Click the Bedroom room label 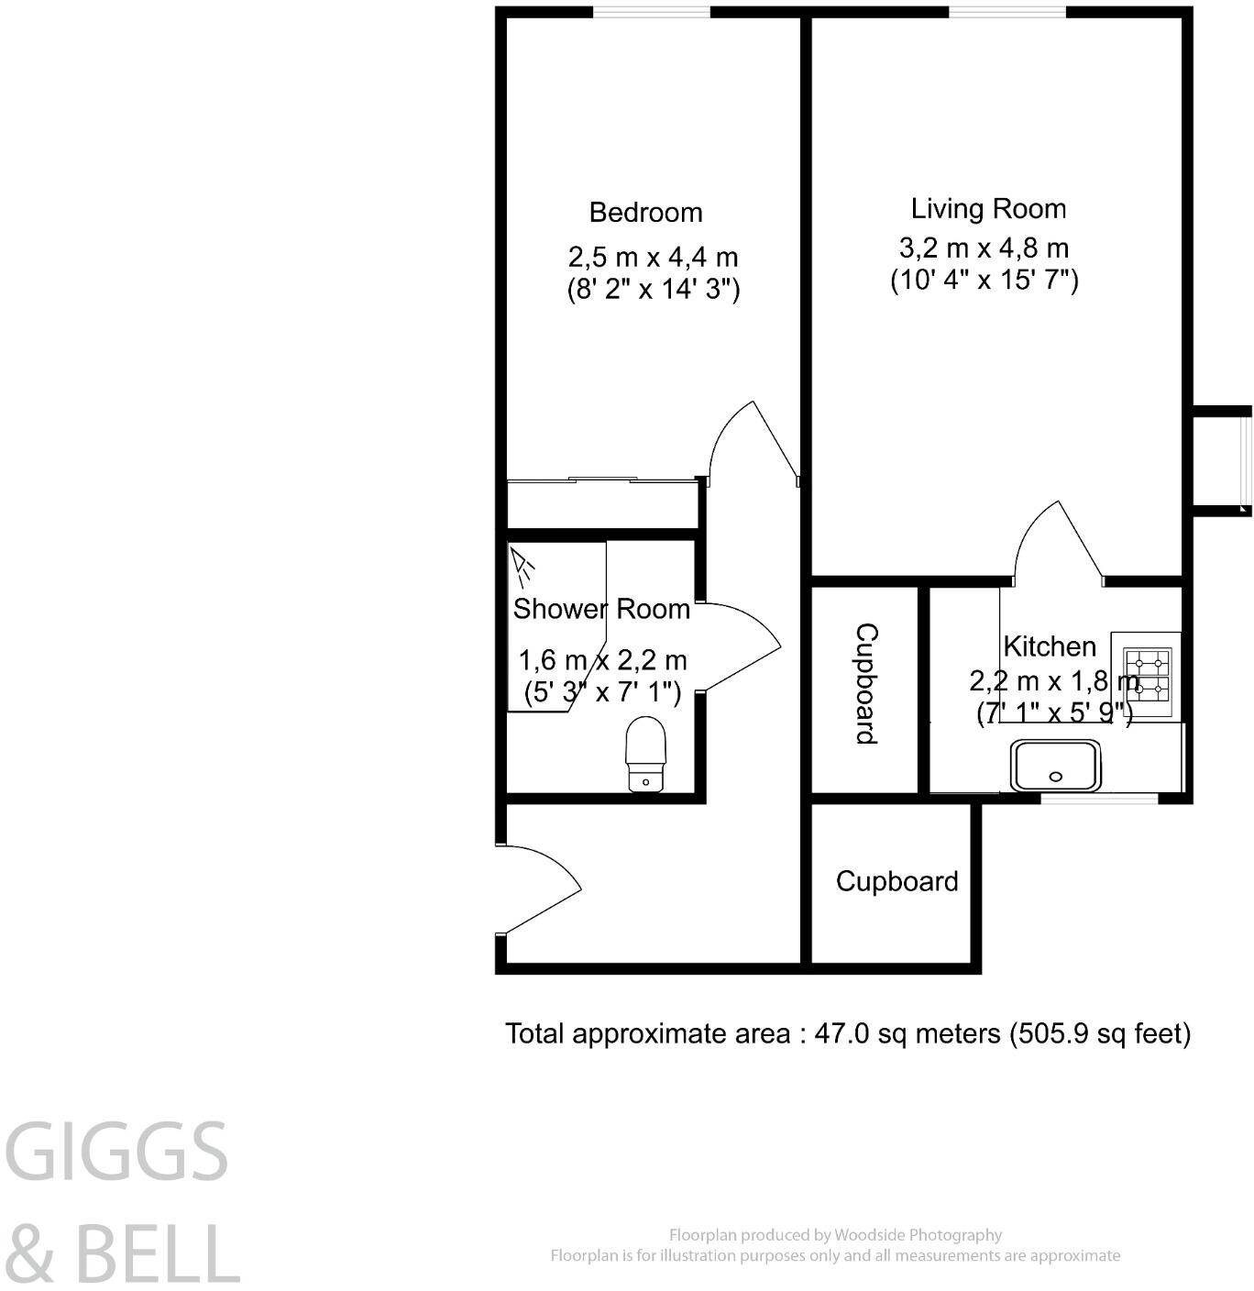click(x=645, y=213)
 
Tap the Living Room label click(x=988, y=209)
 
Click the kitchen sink click(x=1055, y=766)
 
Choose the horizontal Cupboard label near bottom click(x=896, y=881)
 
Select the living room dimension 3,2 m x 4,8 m click(x=984, y=248)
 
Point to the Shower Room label click(x=601, y=609)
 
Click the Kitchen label click(x=1050, y=646)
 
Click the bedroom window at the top click(x=652, y=12)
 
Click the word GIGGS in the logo click(x=117, y=1152)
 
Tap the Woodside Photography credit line click(x=835, y=1235)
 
